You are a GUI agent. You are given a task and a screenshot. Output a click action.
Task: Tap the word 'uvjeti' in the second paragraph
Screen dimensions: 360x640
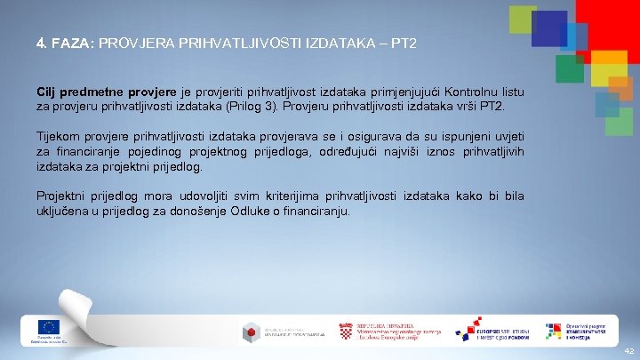click(x=508, y=136)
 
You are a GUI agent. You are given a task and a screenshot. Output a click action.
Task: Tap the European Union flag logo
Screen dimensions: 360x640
click(x=47, y=327)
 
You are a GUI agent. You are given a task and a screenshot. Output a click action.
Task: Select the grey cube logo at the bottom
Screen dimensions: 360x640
click(x=251, y=332)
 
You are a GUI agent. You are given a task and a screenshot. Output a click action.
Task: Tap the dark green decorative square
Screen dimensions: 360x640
click(x=569, y=68)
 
